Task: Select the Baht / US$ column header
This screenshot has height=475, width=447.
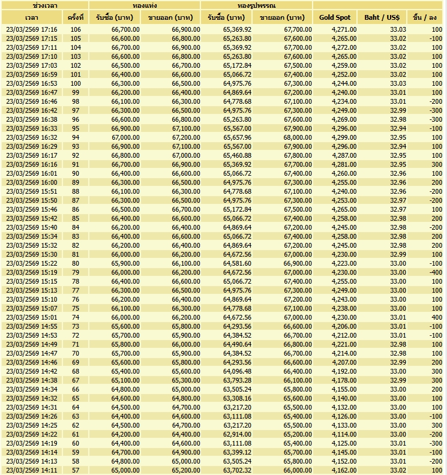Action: pyautogui.click(x=382, y=17)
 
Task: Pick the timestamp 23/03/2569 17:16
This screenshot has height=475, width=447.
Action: pyautogui.click(x=32, y=29)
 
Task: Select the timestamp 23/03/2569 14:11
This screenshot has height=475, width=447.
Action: pyautogui.click(x=32, y=470)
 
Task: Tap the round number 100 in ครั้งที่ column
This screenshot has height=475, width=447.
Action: pyautogui.click(x=75, y=83)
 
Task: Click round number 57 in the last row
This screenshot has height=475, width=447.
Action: pyautogui.click(x=76, y=470)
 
